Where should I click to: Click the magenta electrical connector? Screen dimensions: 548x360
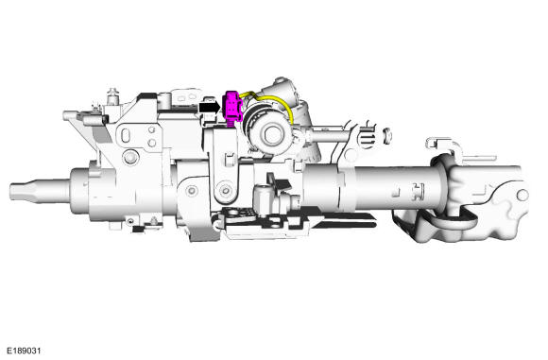click(232, 108)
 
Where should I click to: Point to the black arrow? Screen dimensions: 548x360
click(209, 107)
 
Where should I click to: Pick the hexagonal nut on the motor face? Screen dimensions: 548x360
click(272, 134)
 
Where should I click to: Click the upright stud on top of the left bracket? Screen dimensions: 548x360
click(112, 95)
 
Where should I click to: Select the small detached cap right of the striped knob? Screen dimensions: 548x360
click(386, 135)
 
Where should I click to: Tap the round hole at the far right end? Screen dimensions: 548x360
click(522, 195)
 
